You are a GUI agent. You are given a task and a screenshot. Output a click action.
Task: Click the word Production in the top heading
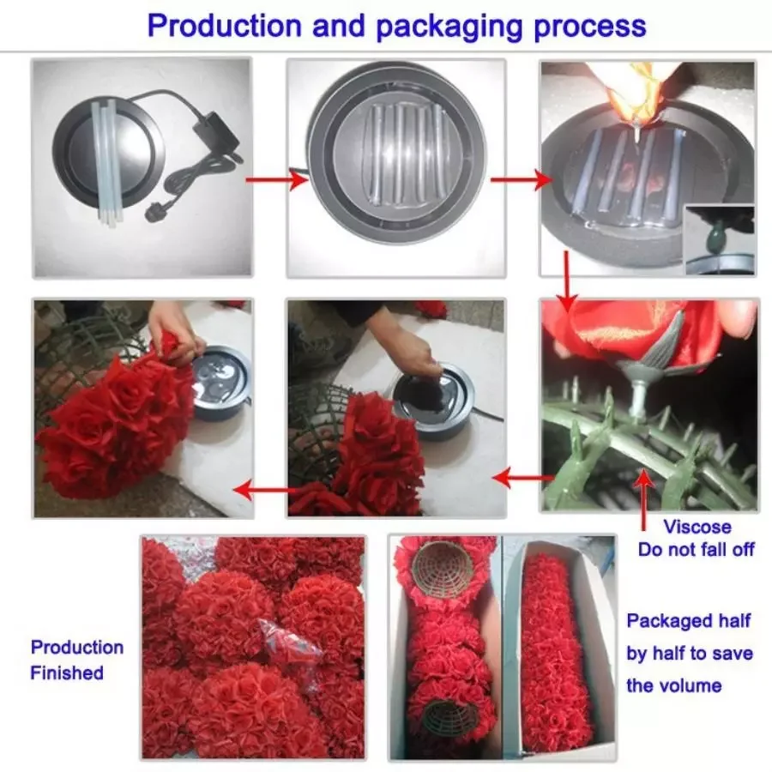pos(225,26)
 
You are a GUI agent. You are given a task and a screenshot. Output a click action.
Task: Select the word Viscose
pos(697,527)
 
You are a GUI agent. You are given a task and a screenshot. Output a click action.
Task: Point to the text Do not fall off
pos(697,550)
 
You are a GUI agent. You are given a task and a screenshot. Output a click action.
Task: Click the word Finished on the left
pos(67,672)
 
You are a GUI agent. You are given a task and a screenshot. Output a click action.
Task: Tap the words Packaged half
pos(688,620)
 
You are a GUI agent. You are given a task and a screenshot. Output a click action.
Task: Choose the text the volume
pos(674,685)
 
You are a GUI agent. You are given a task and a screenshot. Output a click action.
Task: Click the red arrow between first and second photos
pos(276,180)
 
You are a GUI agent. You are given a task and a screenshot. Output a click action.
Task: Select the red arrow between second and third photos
pos(521,180)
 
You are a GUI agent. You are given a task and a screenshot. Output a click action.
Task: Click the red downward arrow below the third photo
pos(568,281)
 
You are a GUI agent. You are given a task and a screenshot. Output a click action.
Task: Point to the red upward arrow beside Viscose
pos(643,500)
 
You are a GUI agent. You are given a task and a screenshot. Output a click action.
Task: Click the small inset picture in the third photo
pos(720,239)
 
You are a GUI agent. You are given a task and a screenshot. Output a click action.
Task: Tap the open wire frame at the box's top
pos(442,569)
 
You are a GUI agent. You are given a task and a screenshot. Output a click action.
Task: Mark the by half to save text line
pos(690,654)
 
